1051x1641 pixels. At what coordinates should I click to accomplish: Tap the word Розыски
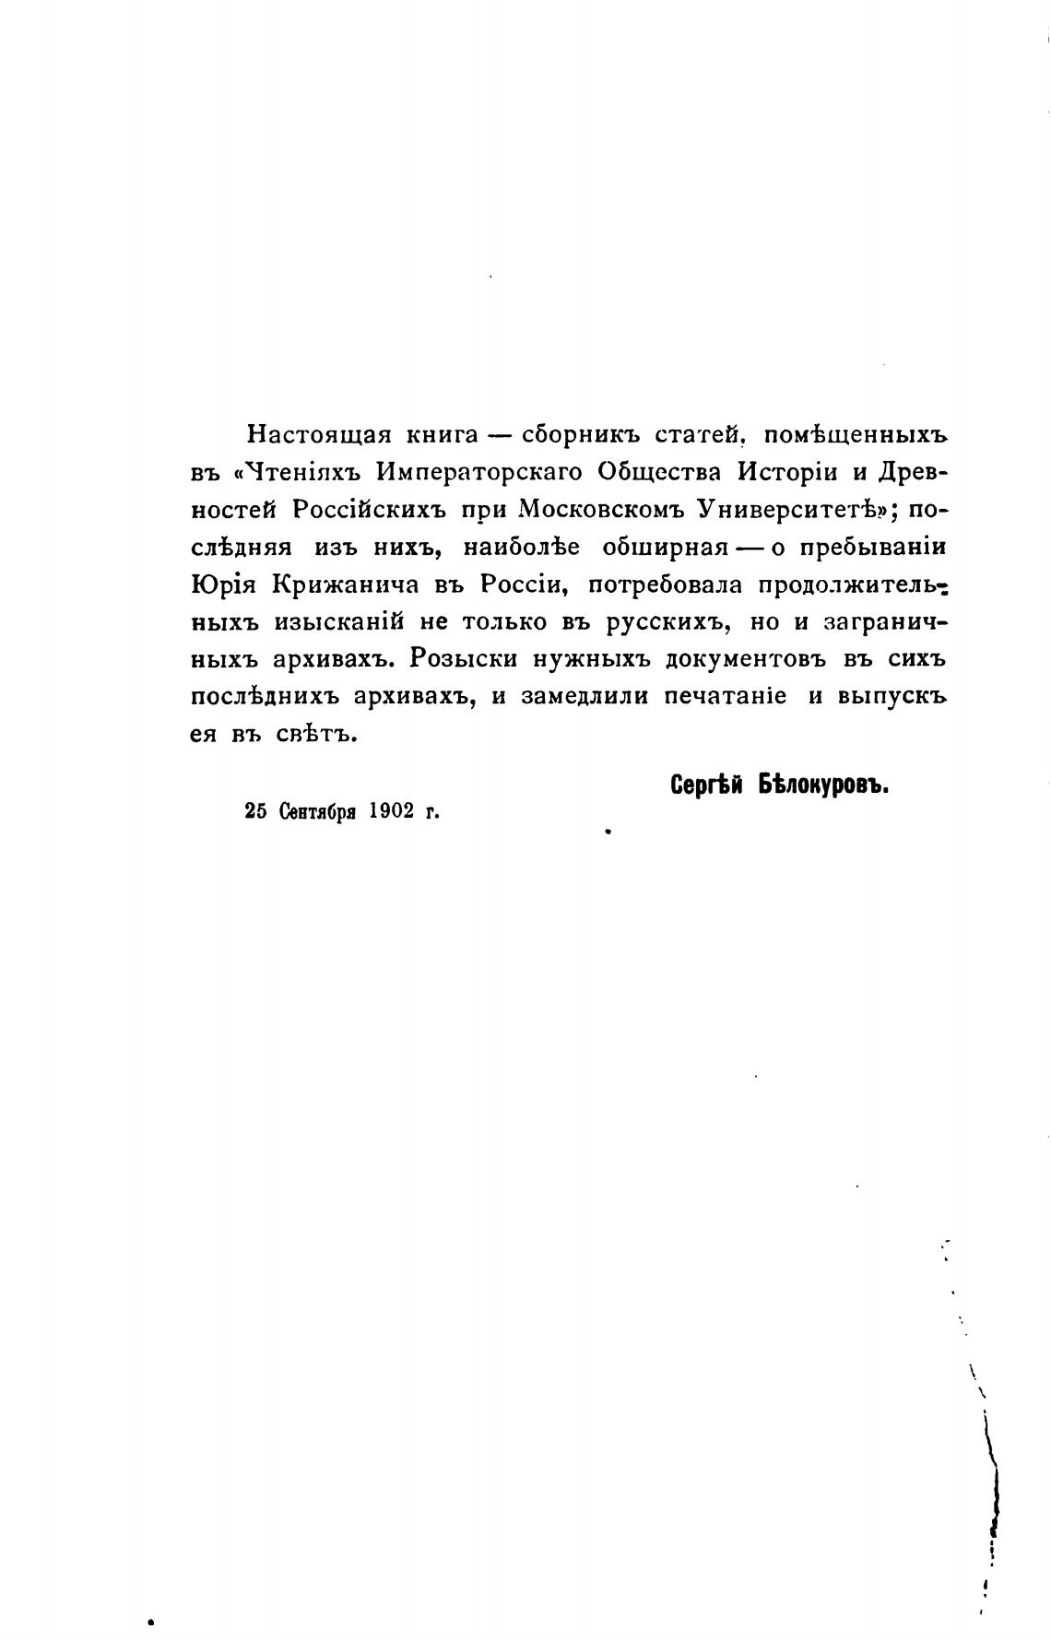[464, 660]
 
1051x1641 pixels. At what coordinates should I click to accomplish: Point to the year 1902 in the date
[388, 811]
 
